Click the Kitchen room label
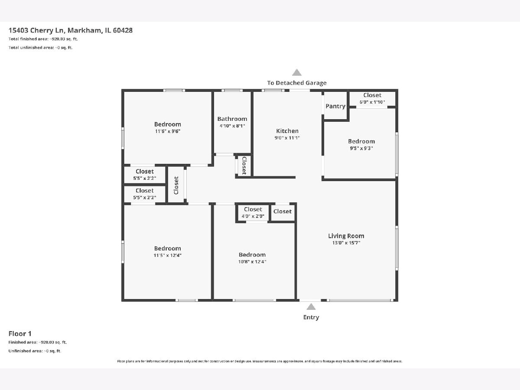click(x=287, y=131)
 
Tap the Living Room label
click(x=346, y=236)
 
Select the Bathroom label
click(x=232, y=119)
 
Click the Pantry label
click(x=335, y=106)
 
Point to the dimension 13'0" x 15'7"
click(x=346, y=243)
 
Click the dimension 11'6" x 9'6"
click(x=168, y=131)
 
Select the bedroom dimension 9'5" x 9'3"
click(x=361, y=148)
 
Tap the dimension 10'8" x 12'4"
click(x=252, y=262)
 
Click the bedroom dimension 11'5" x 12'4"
click(x=168, y=255)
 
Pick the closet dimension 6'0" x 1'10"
click(x=372, y=102)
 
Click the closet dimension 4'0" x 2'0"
click(x=253, y=216)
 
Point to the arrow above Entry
click(x=311, y=307)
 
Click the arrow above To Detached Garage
click(x=296, y=72)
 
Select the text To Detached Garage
click(x=297, y=83)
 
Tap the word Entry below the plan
click(x=311, y=317)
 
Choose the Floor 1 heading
click(x=20, y=334)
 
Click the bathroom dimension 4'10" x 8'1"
click(x=232, y=126)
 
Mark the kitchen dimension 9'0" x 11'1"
click(x=287, y=138)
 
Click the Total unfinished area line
click(x=40, y=48)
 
